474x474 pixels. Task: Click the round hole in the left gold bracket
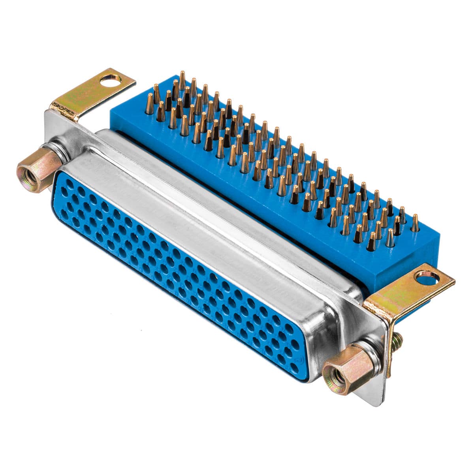[x=111, y=81]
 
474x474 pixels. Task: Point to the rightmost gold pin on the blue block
[x=415, y=223]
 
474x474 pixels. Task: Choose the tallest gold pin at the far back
[x=182, y=80]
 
